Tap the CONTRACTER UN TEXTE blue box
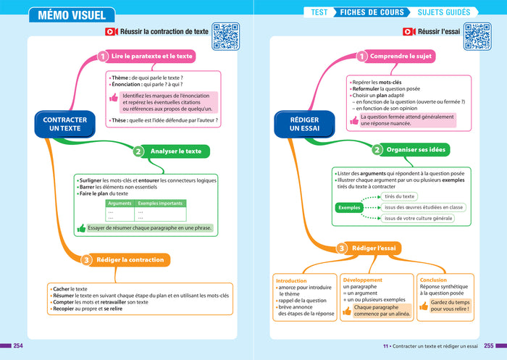tap(65, 124)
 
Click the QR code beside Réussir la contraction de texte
tap(226, 36)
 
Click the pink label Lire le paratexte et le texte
tap(152, 56)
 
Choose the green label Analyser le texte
tap(176, 151)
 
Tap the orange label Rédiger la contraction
tap(130, 259)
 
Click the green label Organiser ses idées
tap(416, 150)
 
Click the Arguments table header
tap(120, 204)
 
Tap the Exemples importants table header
tap(160, 204)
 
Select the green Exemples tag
tap(350, 208)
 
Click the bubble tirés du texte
tap(400, 196)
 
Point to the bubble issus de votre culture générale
tap(419, 218)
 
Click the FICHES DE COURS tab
tap(374, 12)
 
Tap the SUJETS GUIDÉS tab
tap(443, 12)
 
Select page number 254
tap(18, 345)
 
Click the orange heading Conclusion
tap(433, 280)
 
